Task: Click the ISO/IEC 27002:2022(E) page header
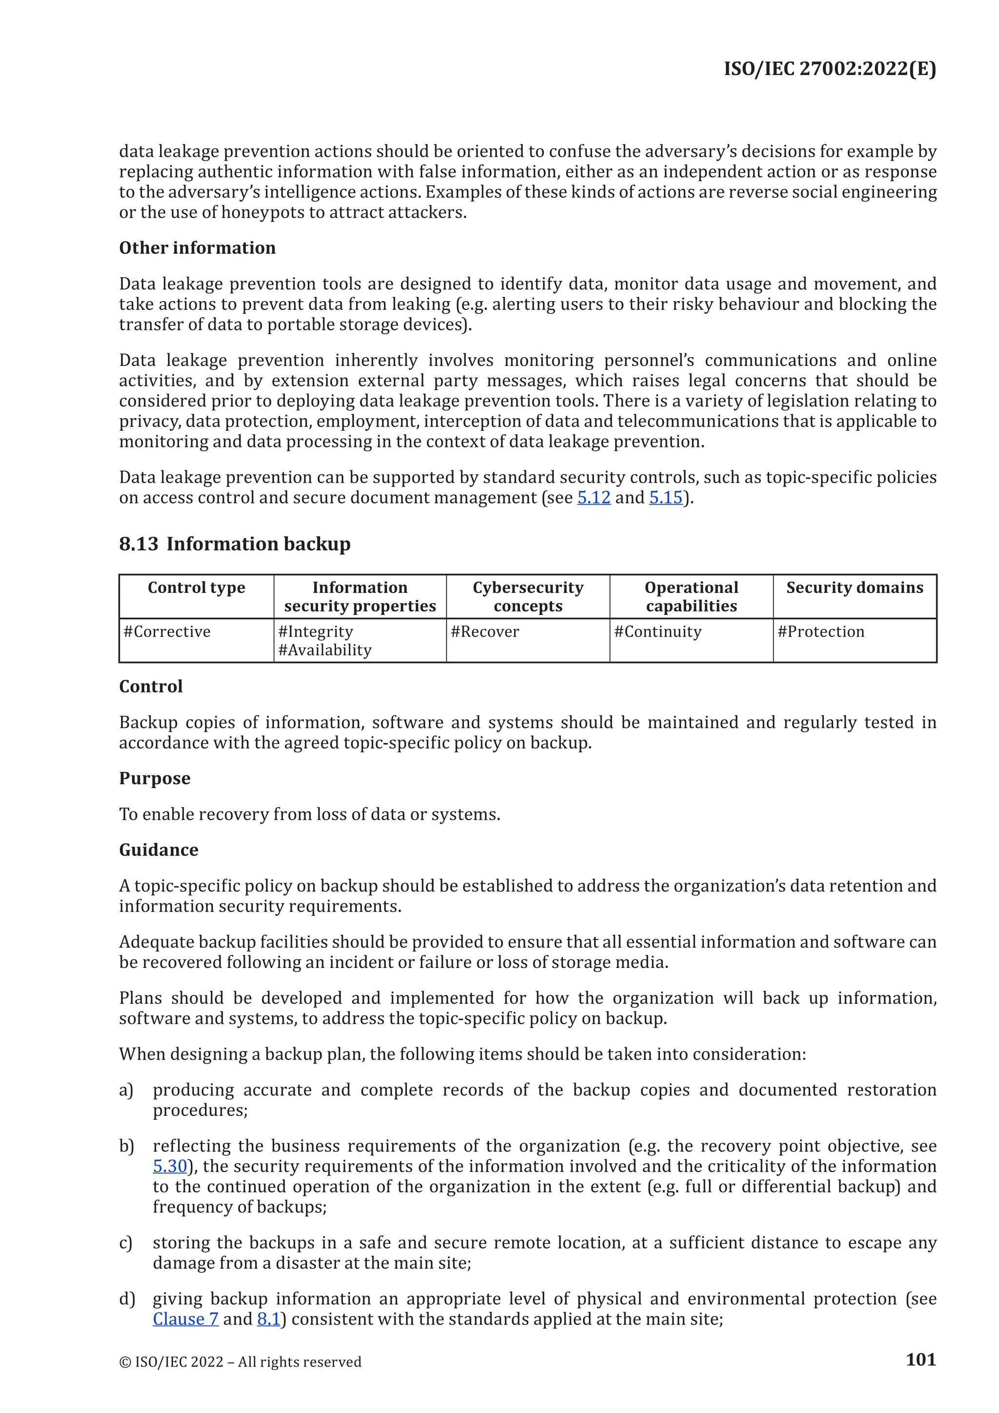pyautogui.click(x=829, y=68)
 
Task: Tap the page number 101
pyautogui.click(x=920, y=1359)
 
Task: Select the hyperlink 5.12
pyautogui.click(x=593, y=497)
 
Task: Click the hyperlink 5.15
pyautogui.click(x=665, y=497)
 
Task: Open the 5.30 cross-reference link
pyautogui.click(x=170, y=1166)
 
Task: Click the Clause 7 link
pyautogui.click(x=185, y=1319)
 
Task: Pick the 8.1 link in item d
pyautogui.click(x=268, y=1319)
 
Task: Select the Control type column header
pyautogui.click(x=196, y=588)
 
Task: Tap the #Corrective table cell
pyautogui.click(x=167, y=631)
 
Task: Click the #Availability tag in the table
pyautogui.click(x=325, y=650)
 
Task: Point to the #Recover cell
pyautogui.click(x=485, y=631)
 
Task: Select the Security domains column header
pyautogui.click(x=855, y=588)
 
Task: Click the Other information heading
pyautogui.click(x=197, y=247)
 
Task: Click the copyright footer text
pyautogui.click(x=240, y=1361)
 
